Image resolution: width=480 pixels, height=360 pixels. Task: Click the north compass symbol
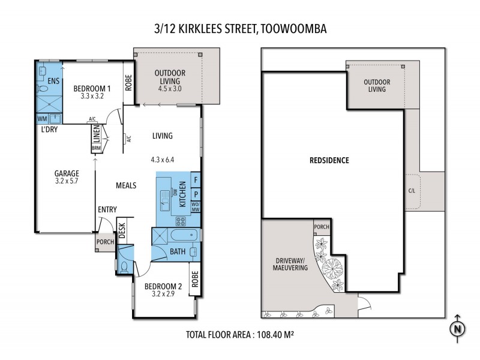click(x=457, y=328)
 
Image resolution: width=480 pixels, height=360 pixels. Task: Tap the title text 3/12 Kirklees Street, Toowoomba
click(x=240, y=28)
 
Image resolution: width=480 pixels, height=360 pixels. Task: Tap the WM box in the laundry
click(x=41, y=118)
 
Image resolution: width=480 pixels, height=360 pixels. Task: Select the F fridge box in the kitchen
click(x=196, y=179)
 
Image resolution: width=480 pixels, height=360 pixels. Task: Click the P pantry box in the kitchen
click(x=196, y=195)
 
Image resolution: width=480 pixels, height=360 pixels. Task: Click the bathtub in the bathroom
click(x=180, y=235)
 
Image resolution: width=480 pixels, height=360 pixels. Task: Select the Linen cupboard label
click(x=95, y=134)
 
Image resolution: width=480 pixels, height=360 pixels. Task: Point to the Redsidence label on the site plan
click(x=329, y=161)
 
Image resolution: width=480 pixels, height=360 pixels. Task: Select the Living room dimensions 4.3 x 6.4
click(x=163, y=160)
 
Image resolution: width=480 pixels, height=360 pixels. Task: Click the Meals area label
click(x=125, y=185)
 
